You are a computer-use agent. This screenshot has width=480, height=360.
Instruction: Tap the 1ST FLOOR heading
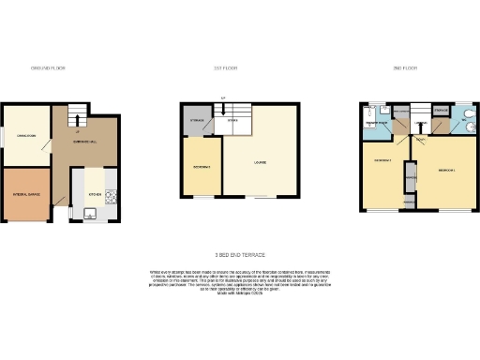click(x=222, y=68)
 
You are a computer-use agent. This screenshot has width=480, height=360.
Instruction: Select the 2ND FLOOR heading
click(x=404, y=68)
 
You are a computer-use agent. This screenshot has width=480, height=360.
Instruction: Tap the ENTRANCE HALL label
click(x=85, y=142)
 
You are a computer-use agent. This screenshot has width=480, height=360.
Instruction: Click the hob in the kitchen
click(x=112, y=197)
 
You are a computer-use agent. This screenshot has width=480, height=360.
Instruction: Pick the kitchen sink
click(x=92, y=215)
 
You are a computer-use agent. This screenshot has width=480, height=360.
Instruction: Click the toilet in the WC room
click(x=466, y=121)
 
